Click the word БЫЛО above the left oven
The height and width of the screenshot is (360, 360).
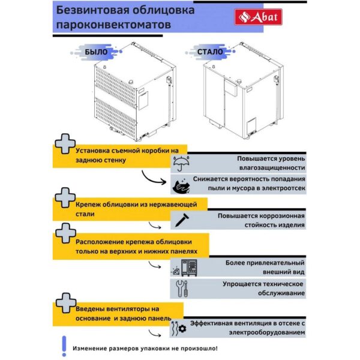coord(96,52)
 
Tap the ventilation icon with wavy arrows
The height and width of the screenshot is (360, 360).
coord(177,328)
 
